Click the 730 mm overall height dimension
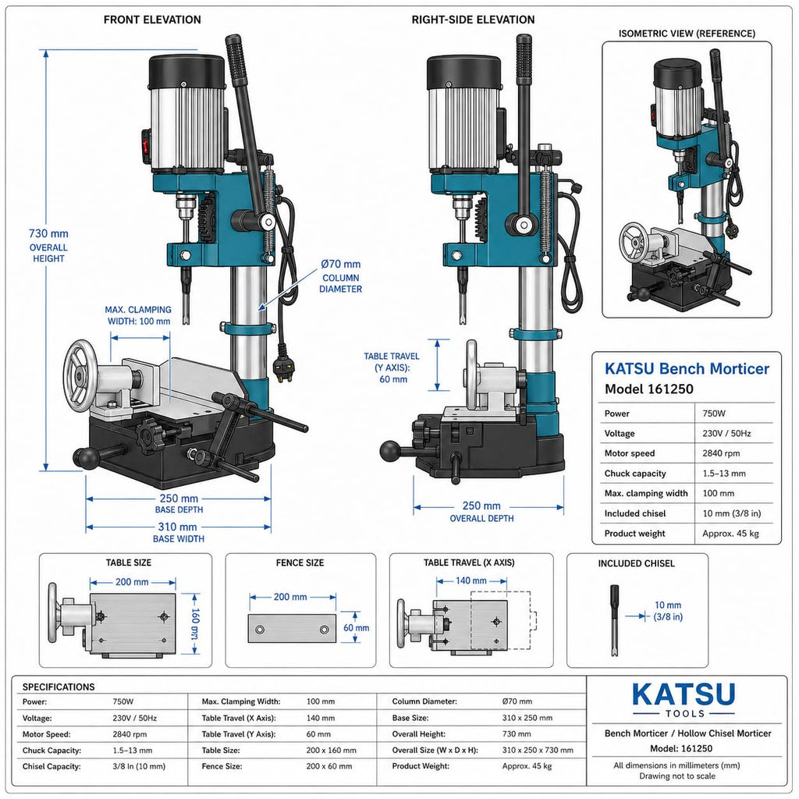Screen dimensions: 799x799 click(x=48, y=233)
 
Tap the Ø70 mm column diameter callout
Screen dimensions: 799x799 click(x=340, y=276)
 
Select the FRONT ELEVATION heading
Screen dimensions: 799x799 click(x=152, y=20)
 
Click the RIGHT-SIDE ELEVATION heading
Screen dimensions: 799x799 click(x=473, y=20)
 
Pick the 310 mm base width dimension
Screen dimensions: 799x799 click(x=177, y=527)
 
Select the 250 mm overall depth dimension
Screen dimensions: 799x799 click(x=481, y=506)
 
